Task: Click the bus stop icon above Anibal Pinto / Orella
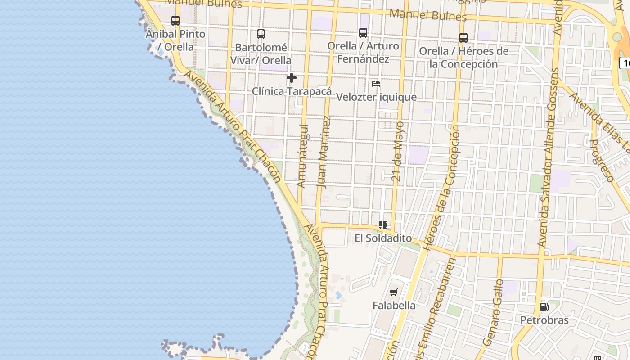tap(175, 21)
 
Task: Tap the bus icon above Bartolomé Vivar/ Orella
tap(261, 34)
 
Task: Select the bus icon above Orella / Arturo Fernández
tap(363, 33)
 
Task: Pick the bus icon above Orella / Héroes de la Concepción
tap(463, 38)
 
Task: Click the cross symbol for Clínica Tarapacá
tap(292, 78)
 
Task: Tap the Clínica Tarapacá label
tap(292, 91)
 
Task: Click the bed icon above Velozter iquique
tap(376, 84)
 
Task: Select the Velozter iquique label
tap(376, 97)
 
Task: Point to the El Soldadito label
tap(383, 238)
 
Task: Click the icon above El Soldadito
tap(383, 225)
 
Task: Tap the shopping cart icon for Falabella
tap(394, 292)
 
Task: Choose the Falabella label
tap(394, 306)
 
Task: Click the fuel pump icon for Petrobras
tap(544, 307)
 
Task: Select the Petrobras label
tap(544, 320)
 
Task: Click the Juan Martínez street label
tap(324, 152)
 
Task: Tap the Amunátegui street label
tap(302, 156)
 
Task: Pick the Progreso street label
tap(602, 160)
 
